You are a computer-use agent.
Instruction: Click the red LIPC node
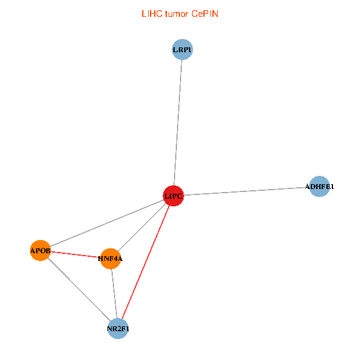tap(173, 196)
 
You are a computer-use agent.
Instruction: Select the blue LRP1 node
tap(182, 50)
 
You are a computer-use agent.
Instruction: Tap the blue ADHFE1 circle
tap(320, 187)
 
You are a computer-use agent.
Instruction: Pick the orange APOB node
tap(40, 250)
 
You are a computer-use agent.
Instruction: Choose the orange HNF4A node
tap(110, 259)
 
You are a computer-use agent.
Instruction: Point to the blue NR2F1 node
tap(118, 329)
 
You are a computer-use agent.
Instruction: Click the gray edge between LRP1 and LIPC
tap(178, 120)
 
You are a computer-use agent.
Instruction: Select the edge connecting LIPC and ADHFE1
tap(246, 191)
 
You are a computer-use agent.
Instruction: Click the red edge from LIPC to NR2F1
tap(146, 261)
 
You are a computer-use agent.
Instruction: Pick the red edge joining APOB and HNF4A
tap(75, 254)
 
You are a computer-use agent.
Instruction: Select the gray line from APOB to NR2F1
tap(78, 289)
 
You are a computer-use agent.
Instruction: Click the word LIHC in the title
tap(151, 13)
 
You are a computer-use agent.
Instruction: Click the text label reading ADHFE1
tap(320, 187)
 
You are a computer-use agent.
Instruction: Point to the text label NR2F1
tap(118, 329)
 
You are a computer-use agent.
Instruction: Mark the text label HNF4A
tap(110, 259)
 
